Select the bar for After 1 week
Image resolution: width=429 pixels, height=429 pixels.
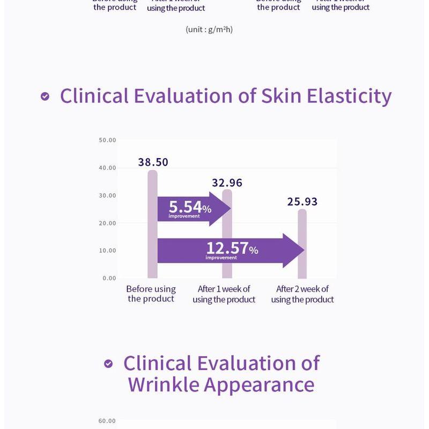227,236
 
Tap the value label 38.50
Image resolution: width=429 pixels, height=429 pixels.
153,162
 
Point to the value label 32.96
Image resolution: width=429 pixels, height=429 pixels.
227,183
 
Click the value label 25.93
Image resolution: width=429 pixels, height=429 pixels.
302,202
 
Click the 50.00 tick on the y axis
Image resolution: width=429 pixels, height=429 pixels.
107,140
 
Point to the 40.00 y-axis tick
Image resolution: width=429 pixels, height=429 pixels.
107,168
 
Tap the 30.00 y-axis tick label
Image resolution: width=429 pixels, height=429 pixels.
107,196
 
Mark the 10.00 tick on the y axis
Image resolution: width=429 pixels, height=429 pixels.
107,250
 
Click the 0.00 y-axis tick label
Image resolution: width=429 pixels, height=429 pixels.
109,278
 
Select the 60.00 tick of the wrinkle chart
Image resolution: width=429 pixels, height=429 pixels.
107,421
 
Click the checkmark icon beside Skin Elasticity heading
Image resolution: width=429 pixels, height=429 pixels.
45,97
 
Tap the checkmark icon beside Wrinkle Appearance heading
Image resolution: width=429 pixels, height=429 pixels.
108,364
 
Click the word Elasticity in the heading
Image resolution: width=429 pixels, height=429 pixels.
349,95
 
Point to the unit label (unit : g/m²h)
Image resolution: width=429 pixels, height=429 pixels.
209,29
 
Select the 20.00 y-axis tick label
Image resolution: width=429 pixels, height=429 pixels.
107,223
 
